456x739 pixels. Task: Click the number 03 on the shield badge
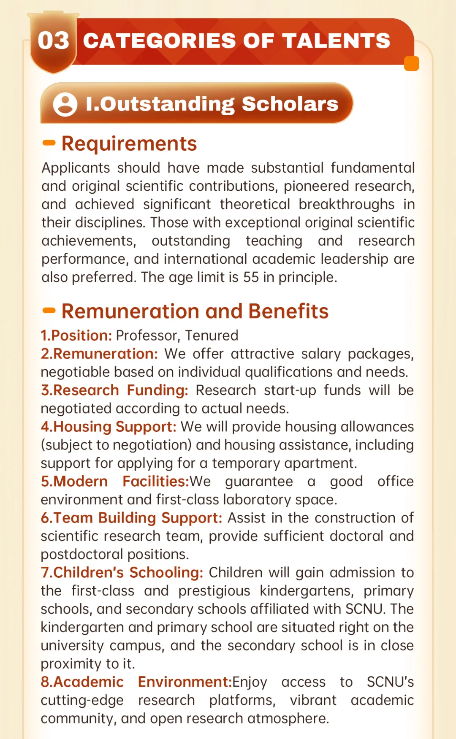(53, 41)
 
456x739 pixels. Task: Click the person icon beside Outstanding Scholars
(65, 104)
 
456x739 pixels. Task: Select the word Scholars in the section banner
(290, 104)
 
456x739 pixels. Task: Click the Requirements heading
(129, 143)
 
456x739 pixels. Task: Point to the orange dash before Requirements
(49, 143)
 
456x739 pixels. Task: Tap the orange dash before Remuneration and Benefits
(49, 311)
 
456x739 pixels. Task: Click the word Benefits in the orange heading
(288, 311)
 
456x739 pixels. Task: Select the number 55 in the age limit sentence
(251, 277)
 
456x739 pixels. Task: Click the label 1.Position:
(76, 336)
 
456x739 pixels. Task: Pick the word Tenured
(212, 336)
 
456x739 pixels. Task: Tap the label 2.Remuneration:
(99, 354)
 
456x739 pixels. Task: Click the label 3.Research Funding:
(114, 390)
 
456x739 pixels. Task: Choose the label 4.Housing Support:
(109, 427)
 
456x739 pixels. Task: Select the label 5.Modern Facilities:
(114, 482)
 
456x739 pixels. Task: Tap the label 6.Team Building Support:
(131, 518)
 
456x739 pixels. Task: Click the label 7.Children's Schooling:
(122, 573)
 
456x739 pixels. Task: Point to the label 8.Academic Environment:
(136, 682)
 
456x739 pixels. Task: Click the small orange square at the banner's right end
(411, 64)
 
